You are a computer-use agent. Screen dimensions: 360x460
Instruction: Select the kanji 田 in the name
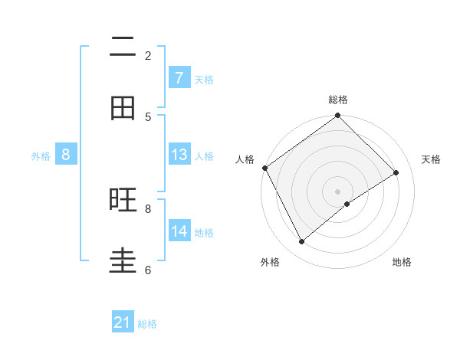pyautogui.click(x=123, y=108)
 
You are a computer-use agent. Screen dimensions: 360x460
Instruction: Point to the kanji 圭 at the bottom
pyautogui.click(x=123, y=261)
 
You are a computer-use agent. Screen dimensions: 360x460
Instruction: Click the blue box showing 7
pyautogui.click(x=179, y=78)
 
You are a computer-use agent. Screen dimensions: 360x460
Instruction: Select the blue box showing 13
pyautogui.click(x=179, y=155)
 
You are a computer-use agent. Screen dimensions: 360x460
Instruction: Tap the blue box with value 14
pyautogui.click(x=179, y=231)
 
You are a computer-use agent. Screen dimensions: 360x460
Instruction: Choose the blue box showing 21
pyautogui.click(x=123, y=323)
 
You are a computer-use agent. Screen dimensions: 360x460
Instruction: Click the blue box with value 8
pyautogui.click(x=66, y=155)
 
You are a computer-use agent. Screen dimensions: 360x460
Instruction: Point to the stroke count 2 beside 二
pyautogui.click(x=148, y=55)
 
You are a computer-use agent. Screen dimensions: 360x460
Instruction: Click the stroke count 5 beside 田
pyautogui.click(x=148, y=116)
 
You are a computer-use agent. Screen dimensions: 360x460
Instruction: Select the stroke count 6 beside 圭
pyautogui.click(x=148, y=270)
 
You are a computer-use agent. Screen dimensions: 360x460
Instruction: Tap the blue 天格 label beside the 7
pyautogui.click(x=204, y=79)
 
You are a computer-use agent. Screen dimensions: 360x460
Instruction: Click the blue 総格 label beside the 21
pyautogui.click(x=147, y=324)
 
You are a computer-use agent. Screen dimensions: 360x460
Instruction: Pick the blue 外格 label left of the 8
pyautogui.click(x=41, y=155)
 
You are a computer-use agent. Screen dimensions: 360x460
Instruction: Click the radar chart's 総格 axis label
pyautogui.click(x=338, y=100)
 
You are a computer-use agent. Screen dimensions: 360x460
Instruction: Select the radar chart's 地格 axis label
pyautogui.click(x=402, y=263)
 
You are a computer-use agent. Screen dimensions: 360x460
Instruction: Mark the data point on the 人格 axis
pyautogui.click(x=265, y=168)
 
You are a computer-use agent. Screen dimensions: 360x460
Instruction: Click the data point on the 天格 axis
pyautogui.click(x=396, y=172)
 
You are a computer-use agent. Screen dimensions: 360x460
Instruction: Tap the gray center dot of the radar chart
pyautogui.click(x=338, y=191)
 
